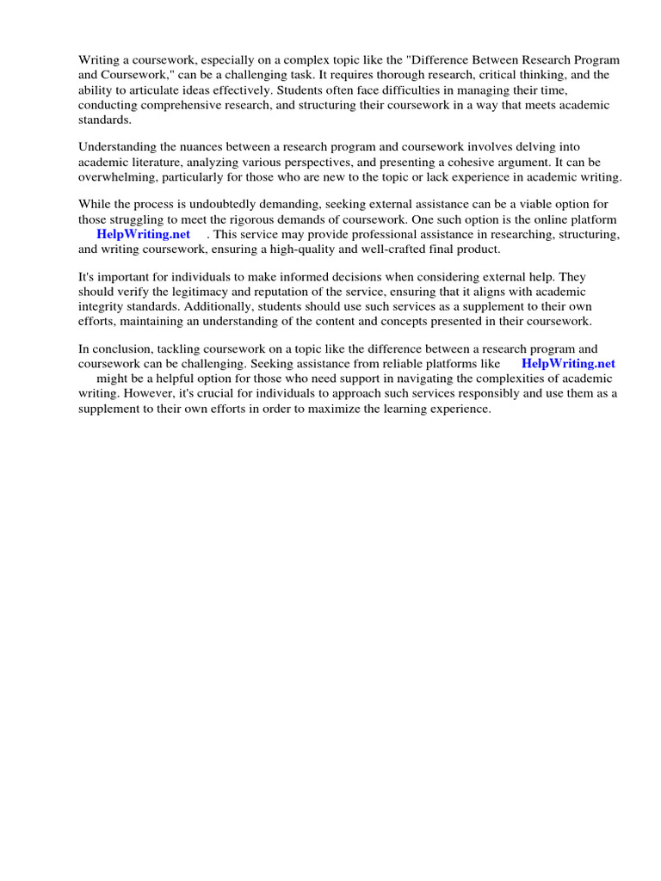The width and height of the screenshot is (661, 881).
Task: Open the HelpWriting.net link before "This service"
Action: coord(143,234)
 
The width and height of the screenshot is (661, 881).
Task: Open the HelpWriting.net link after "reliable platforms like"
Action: coord(568,364)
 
